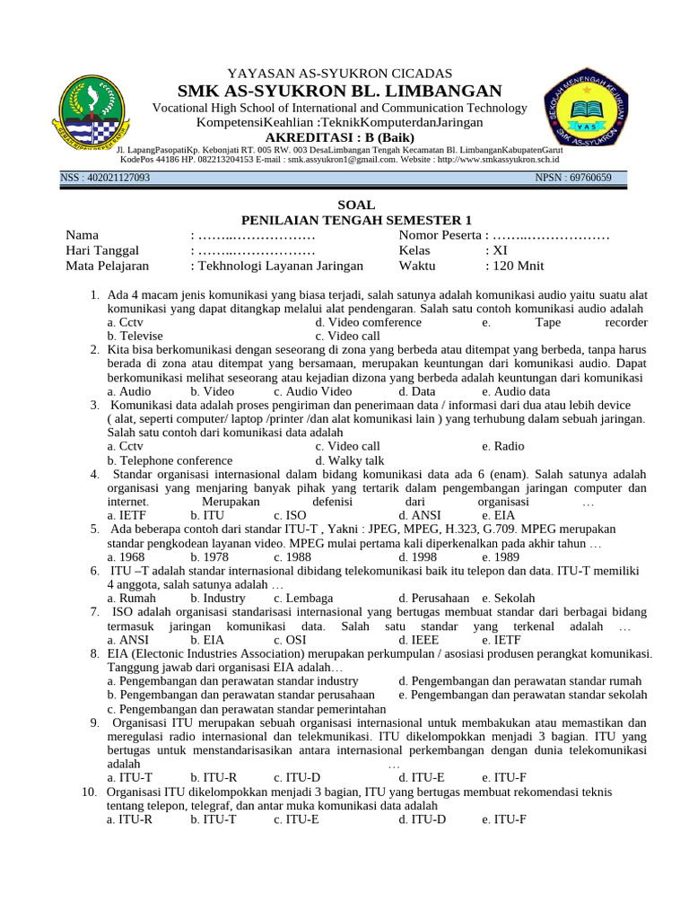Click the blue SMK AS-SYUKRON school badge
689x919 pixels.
(x=595, y=114)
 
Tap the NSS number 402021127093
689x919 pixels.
(x=105, y=178)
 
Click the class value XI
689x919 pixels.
(x=500, y=250)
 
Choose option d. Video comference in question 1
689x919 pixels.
(x=368, y=322)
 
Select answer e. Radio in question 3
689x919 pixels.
(x=502, y=446)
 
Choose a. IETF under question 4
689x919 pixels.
(x=127, y=515)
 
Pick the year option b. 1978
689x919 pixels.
(x=212, y=556)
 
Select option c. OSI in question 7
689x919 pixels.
(x=291, y=640)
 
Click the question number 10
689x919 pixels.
(x=88, y=792)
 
